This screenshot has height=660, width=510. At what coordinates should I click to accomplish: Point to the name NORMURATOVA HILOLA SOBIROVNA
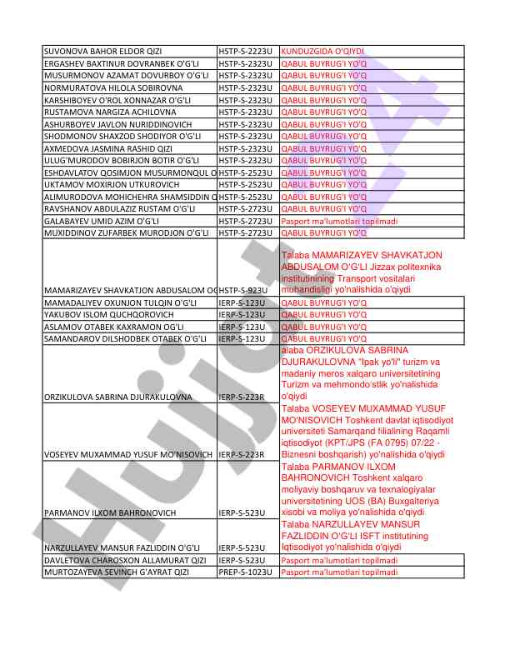pos(109,87)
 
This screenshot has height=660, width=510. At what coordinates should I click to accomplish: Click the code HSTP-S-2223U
pos(247,51)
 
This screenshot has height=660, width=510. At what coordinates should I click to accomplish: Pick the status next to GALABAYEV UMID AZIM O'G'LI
pos(339,220)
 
